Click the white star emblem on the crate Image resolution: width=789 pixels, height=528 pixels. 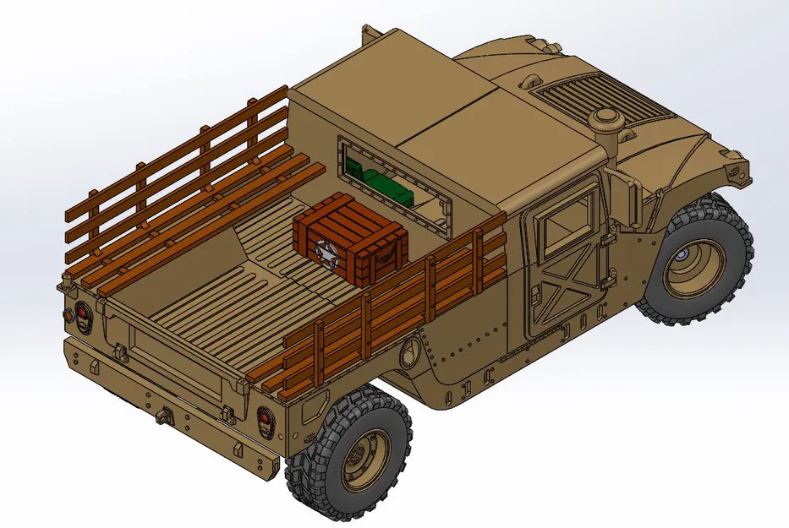pyautogui.click(x=324, y=251)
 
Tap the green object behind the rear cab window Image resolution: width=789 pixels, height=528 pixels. pyautogui.click(x=381, y=185)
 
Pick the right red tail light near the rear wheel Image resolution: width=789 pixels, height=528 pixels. pyautogui.click(x=265, y=420)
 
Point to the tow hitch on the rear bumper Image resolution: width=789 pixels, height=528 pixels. pyautogui.click(x=161, y=416)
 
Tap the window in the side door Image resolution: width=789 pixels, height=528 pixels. pyautogui.click(x=568, y=221)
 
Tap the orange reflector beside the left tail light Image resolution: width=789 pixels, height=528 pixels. pyautogui.click(x=67, y=311)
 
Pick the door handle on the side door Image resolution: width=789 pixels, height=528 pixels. pyautogui.click(x=535, y=295)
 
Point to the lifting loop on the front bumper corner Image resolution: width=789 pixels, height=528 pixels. pyautogui.click(x=732, y=169)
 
